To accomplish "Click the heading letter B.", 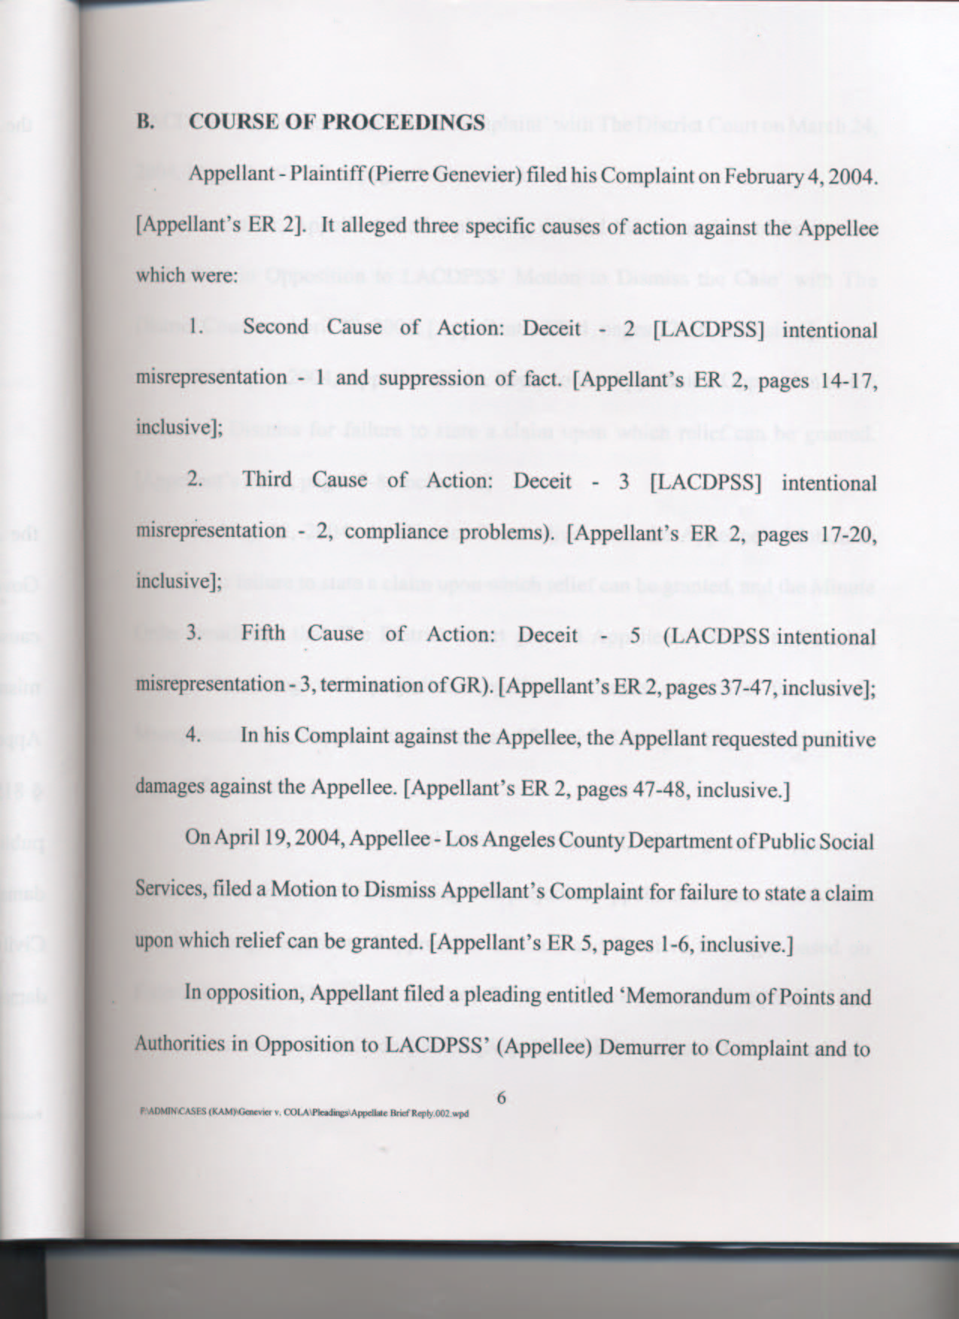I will pyautogui.click(x=144, y=122).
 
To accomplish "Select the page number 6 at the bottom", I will pyautogui.click(x=501, y=1098).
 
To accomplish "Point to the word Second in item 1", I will pyautogui.click(x=275, y=327).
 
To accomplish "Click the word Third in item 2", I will pyautogui.click(x=267, y=480).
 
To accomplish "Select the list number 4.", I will pyautogui.click(x=194, y=735).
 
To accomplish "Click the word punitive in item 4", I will pyautogui.click(x=839, y=740).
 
